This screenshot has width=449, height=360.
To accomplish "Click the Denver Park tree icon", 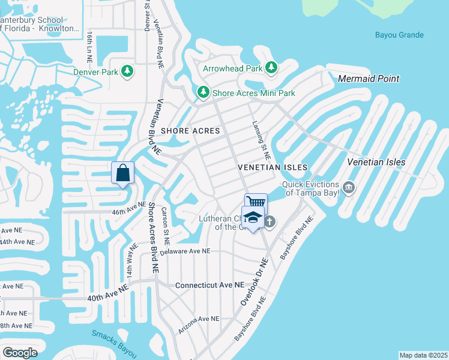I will [x=127, y=72].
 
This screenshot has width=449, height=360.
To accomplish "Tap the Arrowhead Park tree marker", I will [x=271, y=68].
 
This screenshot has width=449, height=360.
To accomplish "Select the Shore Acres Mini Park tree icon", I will [x=203, y=93].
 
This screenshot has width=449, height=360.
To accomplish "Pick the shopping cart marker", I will [x=256, y=202].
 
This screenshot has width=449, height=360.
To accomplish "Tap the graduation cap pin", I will [x=253, y=217].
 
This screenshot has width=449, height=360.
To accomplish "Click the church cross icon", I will [x=270, y=222].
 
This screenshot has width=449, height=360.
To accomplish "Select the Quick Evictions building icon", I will [x=349, y=188].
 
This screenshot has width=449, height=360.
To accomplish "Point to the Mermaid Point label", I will [x=369, y=79].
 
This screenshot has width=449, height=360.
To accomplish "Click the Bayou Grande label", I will [x=399, y=35].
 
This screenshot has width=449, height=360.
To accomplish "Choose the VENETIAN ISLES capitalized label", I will [x=273, y=167].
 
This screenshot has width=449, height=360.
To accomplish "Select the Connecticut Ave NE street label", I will [x=210, y=285].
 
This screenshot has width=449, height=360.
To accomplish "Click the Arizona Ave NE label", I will [x=199, y=319].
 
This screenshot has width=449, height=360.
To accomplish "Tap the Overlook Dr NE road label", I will [x=253, y=283].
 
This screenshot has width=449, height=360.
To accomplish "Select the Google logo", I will [x=20, y=353].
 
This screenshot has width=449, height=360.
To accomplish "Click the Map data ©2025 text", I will [x=423, y=355].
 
